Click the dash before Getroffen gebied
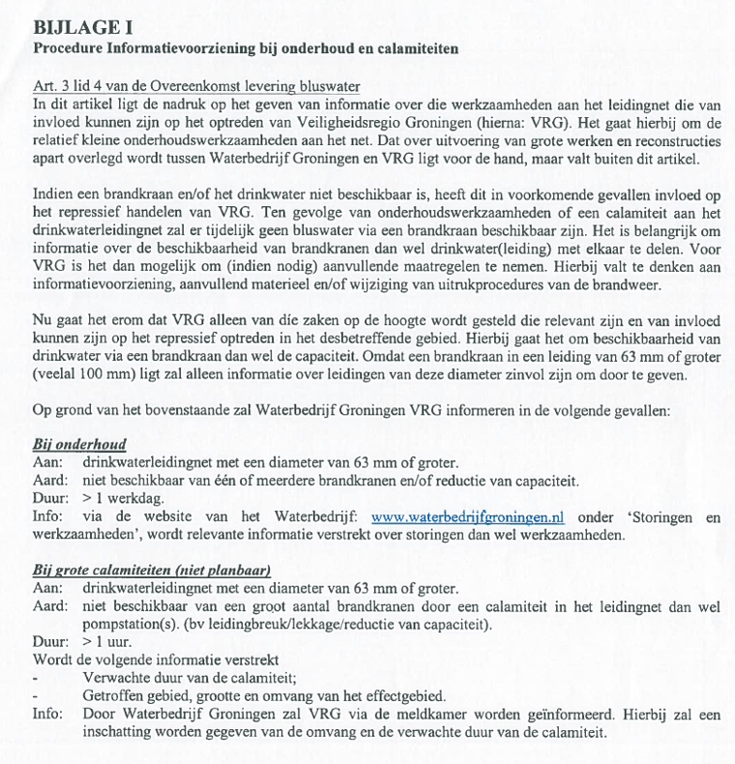click(36, 697)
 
